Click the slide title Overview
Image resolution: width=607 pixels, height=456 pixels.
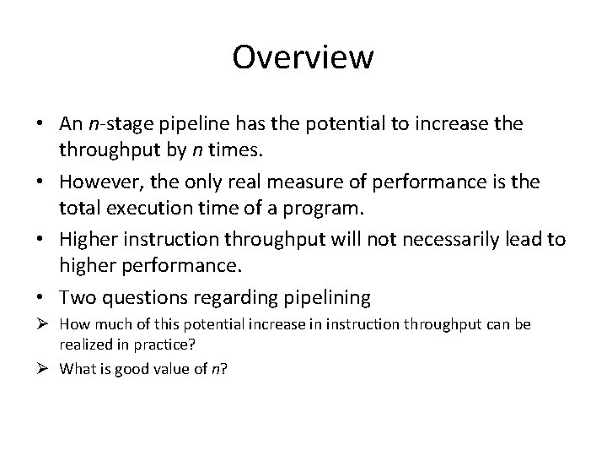[x=303, y=57]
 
